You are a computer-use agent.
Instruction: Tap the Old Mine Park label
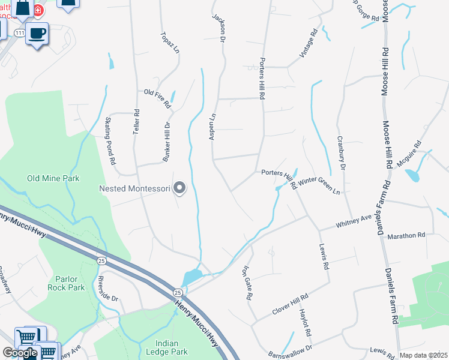pos(53,178)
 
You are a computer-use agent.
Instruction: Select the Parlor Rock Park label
pos(66,283)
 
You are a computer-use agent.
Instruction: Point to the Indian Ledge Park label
pos(167,347)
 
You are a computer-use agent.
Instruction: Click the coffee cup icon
pos(37,33)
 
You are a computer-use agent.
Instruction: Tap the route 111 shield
pos(20,33)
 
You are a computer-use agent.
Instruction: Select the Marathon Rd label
pos(406,235)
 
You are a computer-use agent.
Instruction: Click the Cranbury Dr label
pos(341,153)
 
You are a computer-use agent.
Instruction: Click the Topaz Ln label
pos(170,43)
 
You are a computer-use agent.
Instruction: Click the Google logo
pos(20,353)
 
